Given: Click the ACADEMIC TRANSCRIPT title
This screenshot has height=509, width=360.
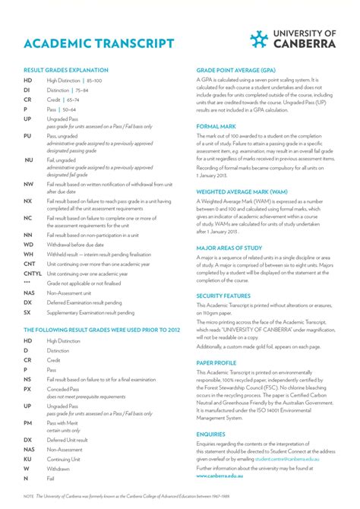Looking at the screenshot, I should click(99, 43).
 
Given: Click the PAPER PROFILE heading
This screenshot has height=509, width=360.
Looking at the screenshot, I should click(216, 363).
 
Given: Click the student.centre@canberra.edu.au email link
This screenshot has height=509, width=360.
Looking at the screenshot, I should click(286, 460).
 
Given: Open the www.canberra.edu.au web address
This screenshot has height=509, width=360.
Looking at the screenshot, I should click(224, 477).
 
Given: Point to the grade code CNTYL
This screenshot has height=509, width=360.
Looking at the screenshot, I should click(33, 273).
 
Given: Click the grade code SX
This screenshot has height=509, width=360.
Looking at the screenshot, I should click(27, 312).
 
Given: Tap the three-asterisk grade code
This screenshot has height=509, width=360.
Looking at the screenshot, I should click(27, 283).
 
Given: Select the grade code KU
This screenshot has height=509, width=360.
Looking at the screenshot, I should click(27, 459).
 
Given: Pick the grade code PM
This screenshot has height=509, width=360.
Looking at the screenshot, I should click(27, 422).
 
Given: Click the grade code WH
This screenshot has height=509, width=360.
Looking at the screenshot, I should click(28, 254).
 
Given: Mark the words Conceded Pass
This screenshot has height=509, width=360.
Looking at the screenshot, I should click(64, 388).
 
